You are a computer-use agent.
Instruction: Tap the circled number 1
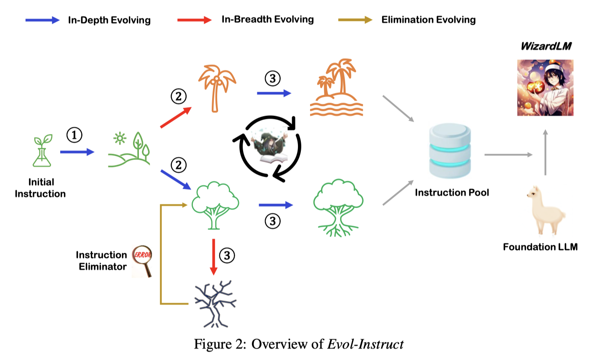[x=74, y=135]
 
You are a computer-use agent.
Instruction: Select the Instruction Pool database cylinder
[x=450, y=151]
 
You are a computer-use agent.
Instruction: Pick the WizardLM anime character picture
[x=545, y=87]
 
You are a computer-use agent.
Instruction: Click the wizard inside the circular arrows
[x=270, y=147]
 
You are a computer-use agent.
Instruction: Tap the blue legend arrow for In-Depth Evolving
[x=42, y=20]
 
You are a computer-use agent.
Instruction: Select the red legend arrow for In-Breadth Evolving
[x=194, y=20]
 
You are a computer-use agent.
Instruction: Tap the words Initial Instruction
[x=40, y=188]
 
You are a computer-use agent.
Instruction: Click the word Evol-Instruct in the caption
[x=365, y=344]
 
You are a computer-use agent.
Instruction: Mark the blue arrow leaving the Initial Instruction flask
[x=77, y=152]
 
